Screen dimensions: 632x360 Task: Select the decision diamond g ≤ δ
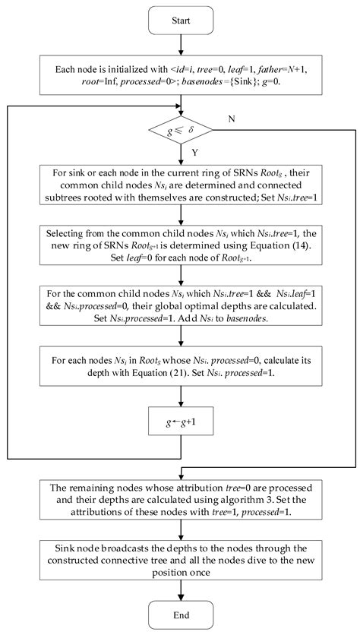click(180, 130)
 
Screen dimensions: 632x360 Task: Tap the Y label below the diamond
click(196, 152)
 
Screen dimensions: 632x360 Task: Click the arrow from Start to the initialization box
click(180, 46)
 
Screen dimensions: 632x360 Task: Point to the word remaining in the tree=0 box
click(93, 491)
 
